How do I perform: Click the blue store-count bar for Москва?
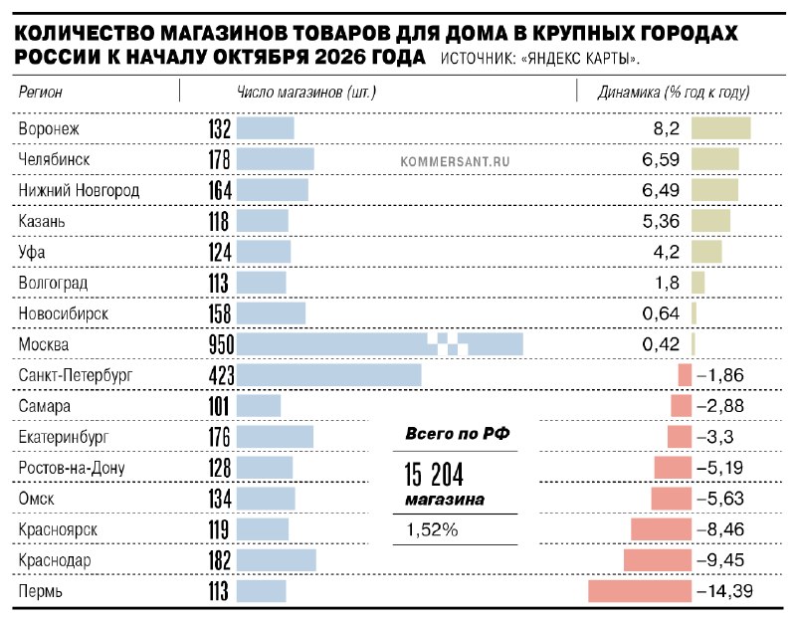[x=380, y=344]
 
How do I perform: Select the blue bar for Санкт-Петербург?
[x=329, y=375]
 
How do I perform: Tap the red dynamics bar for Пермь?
[x=640, y=591]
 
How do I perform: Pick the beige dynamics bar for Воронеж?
[x=720, y=128]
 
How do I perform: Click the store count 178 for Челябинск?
[x=219, y=159]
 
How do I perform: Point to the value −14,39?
[x=725, y=591]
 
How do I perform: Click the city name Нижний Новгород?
[x=79, y=190]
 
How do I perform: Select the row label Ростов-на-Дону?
[x=72, y=468]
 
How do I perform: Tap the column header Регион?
[x=40, y=92]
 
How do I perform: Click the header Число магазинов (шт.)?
[x=306, y=92]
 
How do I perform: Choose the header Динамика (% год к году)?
[x=674, y=92]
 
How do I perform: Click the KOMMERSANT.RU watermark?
[x=455, y=162]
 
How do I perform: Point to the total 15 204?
[x=434, y=475]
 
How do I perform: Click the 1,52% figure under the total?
[x=432, y=530]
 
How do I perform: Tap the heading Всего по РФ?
[x=458, y=434]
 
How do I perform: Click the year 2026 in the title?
[x=339, y=57]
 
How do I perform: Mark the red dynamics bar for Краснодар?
[x=658, y=560]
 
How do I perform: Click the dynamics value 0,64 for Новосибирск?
[x=661, y=313]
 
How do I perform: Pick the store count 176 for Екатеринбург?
[x=219, y=437]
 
